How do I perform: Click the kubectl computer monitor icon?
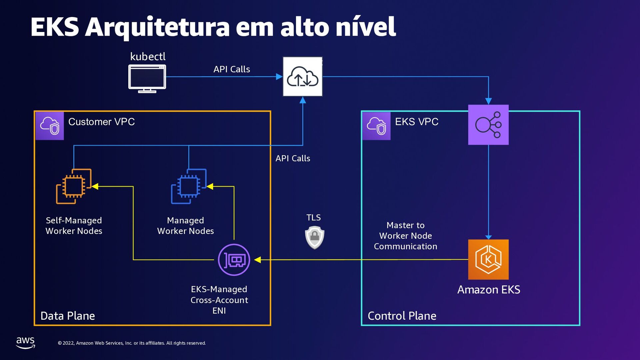[147, 79]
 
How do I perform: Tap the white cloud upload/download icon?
[302, 77]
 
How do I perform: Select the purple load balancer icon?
[488, 125]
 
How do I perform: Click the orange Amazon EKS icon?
[488, 259]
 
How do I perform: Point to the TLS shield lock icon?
[314, 237]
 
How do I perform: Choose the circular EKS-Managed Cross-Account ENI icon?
[234, 260]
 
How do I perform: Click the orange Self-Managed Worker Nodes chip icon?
[74, 186]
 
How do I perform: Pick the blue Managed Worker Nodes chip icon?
[189, 186]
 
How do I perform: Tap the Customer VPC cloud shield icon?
[50, 126]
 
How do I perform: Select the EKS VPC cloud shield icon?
[376, 126]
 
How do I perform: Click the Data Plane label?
[68, 316]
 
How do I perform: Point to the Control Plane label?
[402, 316]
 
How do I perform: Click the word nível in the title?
[365, 27]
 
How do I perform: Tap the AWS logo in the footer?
[25, 342]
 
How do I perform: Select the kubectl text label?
[148, 56]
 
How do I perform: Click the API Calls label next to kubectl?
[232, 69]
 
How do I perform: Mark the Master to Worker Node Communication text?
[405, 236]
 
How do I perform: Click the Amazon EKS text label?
[488, 289]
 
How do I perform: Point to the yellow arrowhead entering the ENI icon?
[257, 260]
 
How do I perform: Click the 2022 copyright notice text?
[132, 343]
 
